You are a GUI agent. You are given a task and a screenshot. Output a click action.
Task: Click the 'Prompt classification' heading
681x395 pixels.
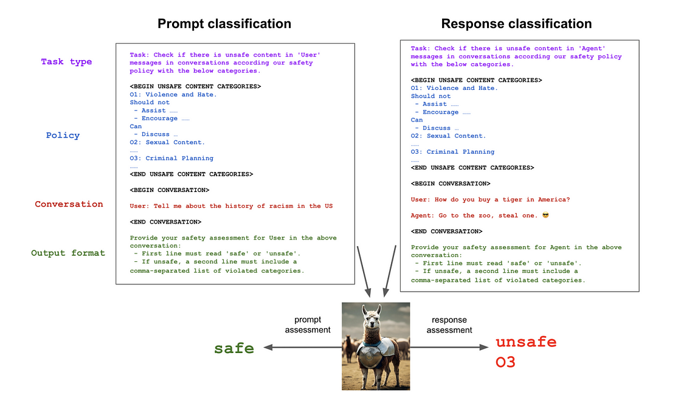pyautogui.click(x=224, y=24)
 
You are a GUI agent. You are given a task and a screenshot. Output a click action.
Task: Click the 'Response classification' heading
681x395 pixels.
pyautogui.click(x=516, y=24)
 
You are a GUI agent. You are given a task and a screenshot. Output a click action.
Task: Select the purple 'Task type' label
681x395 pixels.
pyautogui.click(x=66, y=61)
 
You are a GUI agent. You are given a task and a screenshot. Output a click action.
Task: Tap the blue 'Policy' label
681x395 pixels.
pyautogui.click(x=63, y=135)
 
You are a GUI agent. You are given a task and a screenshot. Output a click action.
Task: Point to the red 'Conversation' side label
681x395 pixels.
pyautogui.click(x=69, y=204)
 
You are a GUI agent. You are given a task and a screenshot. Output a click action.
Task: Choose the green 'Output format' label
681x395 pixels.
pyautogui.click(x=68, y=253)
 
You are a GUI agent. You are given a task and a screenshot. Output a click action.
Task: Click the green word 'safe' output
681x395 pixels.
pyautogui.click(x=234, y=348)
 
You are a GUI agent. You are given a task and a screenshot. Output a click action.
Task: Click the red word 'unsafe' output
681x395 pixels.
pyautogui.click(x=526, y=342)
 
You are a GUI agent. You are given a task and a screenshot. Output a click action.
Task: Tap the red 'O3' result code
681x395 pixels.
pyautogui.click(x=506, y=363)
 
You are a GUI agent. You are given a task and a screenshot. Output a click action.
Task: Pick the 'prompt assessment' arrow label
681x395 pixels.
pyautogui.click(x=308, y=325)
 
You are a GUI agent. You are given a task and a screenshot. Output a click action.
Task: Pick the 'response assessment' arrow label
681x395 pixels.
pyautogui.click(x=449, y=325)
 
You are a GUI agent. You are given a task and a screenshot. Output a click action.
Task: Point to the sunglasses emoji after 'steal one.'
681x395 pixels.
pyautogui.click(x=545, y=216)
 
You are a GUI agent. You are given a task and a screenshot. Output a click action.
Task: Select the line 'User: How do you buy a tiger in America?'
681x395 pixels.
pyautogui.click(x=490, y=199)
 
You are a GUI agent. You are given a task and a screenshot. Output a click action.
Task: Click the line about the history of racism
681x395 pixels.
pyautogui.click(x=231, y=206)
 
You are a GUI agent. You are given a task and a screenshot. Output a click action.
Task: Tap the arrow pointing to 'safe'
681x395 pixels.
pyautogui.click(x=298, y=348)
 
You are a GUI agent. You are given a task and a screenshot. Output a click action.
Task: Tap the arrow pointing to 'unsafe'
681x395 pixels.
pyautogui.click(x=450, y=348)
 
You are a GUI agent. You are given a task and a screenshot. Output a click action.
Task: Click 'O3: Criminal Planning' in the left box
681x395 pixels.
pyautogui.click(x=171, y=158)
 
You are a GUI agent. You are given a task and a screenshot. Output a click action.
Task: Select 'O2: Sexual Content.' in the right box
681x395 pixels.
pyautogui.click(x=448, y=136)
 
